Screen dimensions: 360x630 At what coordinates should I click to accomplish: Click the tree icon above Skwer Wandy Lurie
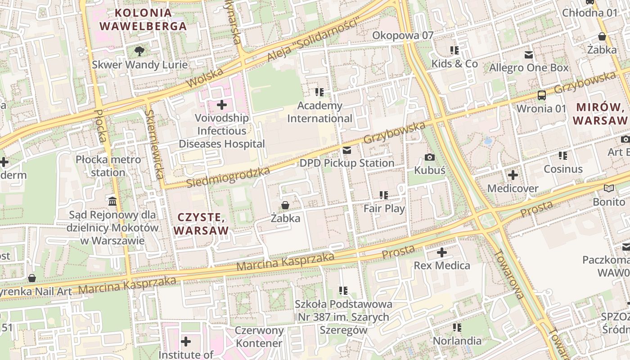tap(139, 51)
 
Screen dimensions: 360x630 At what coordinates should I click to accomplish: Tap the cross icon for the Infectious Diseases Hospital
tap(221, 105)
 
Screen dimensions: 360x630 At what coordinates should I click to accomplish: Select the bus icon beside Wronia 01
tap(542, 95)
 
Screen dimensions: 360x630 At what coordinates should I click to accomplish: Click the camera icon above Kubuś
tap(430, 157)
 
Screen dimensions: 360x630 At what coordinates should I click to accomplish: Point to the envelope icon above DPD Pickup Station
tap(347, 150)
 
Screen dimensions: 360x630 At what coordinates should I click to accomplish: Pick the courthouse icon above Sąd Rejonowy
tap(112, 201)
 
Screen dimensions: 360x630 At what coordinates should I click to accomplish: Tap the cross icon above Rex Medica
tap(442, 252)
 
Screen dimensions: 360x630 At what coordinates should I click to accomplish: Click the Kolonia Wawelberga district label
tap(143, 19)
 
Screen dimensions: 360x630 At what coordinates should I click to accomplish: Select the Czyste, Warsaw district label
tap(201, 224)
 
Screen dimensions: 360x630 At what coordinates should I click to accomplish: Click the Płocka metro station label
tap(108, 166)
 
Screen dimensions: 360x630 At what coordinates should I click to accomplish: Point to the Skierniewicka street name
tap(154, 144)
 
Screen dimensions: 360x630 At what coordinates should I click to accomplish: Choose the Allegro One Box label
tap(529, 68)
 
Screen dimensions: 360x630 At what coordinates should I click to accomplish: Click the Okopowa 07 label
tap(403, 36)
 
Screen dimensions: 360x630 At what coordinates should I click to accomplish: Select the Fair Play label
tap(384, 209)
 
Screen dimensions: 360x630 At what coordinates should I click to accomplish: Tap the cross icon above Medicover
tap(513, 175)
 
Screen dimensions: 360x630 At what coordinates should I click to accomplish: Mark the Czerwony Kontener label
tap(259, 337)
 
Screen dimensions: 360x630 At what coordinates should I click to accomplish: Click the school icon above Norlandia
tap(457, 328)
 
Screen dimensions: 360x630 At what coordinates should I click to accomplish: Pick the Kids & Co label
tap(454, 64)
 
